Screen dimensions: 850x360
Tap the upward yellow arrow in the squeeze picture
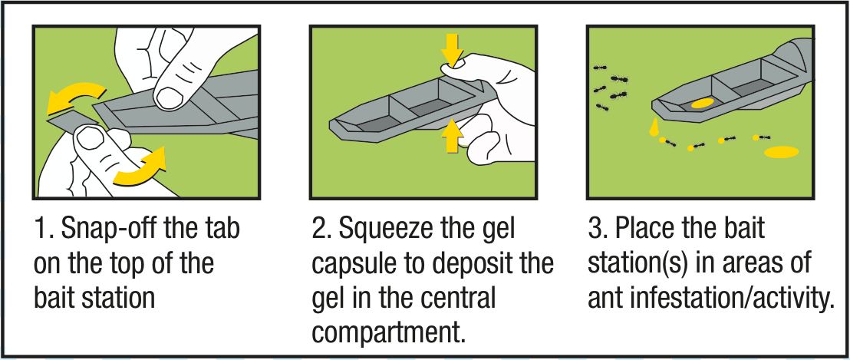452,135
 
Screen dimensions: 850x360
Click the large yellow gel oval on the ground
781,152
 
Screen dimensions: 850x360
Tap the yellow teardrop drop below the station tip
653,128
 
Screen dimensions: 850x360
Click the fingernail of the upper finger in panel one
170,97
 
